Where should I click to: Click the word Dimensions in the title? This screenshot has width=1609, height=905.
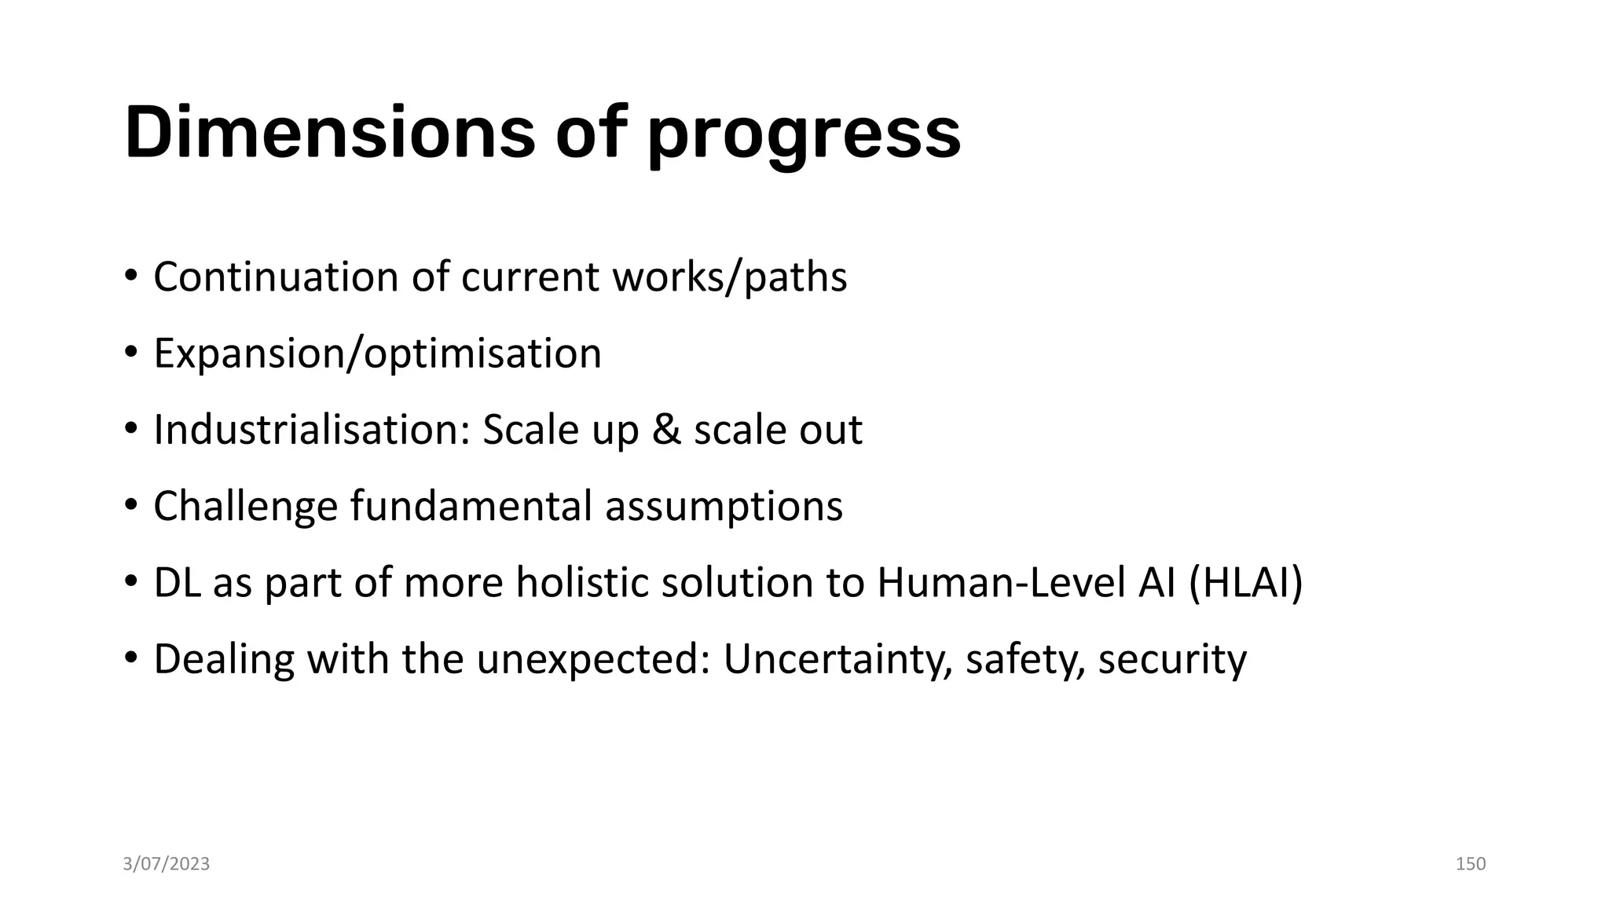click(x=330, y=134)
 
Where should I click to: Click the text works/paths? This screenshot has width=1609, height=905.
click(x=730, y=277)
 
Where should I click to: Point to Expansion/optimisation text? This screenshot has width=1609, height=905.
click(x=377, y=354)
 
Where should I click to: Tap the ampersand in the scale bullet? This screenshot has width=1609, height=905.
click(x=666, y=430)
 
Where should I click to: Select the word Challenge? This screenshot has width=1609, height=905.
click(x=245, y=506)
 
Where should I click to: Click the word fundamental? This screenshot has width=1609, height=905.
click(x=471, y=506)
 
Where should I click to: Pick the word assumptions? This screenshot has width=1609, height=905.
click(x=724, y=506)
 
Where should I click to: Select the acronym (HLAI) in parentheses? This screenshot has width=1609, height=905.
click(x=1246, y=583)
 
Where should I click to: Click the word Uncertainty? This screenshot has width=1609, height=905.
click(x=837, y=659)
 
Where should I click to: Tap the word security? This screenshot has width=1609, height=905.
click(x=1172, y=659)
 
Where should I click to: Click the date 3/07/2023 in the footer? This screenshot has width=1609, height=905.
click(x=167, y=864)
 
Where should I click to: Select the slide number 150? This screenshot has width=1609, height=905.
click(x=1470, y=864)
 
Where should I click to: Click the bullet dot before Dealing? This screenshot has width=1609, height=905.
click(x=131, y=658)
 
